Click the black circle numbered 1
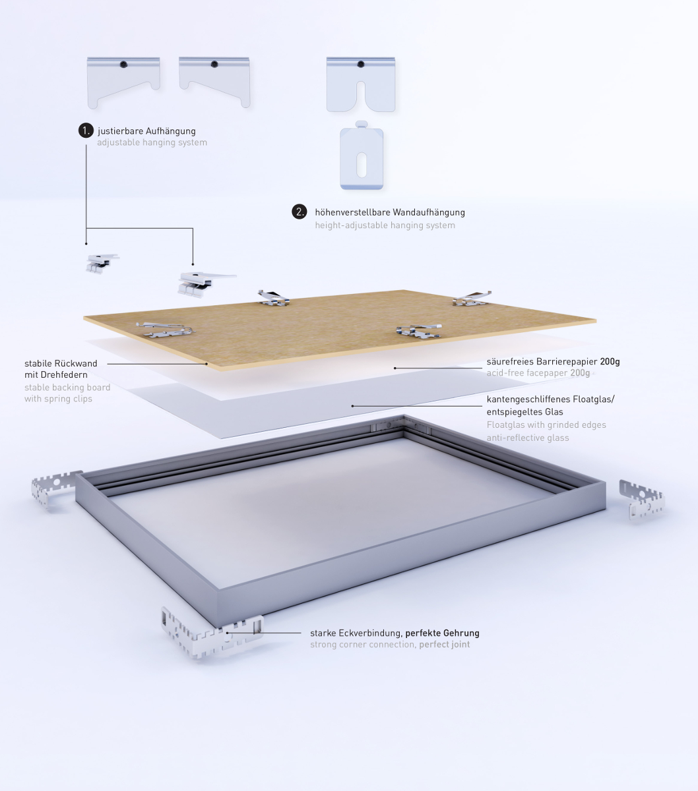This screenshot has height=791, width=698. point(86,131)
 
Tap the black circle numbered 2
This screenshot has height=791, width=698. point(300,212)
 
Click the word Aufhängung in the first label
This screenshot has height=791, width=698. point(171,131)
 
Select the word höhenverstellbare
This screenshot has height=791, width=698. point(352,212)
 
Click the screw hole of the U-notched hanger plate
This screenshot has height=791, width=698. point(361,64)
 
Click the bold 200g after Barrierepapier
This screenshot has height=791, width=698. point(610,362)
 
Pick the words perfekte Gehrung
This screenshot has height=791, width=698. point(442,633)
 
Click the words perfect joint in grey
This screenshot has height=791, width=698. point(445,644)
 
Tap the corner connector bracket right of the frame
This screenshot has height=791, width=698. point(641,500)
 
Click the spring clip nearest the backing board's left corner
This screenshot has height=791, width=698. point(165,330)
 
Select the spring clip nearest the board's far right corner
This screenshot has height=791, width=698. point(472,299)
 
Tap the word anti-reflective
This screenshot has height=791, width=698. point(513,438)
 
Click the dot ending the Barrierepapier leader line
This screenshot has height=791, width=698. point(395,368)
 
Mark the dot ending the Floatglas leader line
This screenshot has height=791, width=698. point(352,406)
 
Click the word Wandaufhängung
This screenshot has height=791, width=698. point(429,212)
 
